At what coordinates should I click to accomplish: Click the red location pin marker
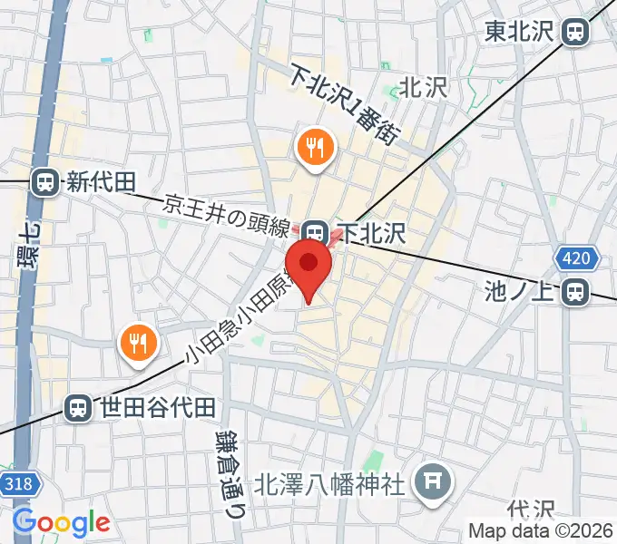click(x=309, y=267)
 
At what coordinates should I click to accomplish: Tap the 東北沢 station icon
click(x=574, y=33)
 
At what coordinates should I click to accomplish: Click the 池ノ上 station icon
click(x=574, y=291)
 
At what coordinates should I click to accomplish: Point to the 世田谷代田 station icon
click(x=79, y=407)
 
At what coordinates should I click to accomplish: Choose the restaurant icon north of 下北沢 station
click(x=315, y=147)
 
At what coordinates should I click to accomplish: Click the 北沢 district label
click(x=424, y=87)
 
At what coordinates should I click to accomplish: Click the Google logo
click(x=61, y=522)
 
